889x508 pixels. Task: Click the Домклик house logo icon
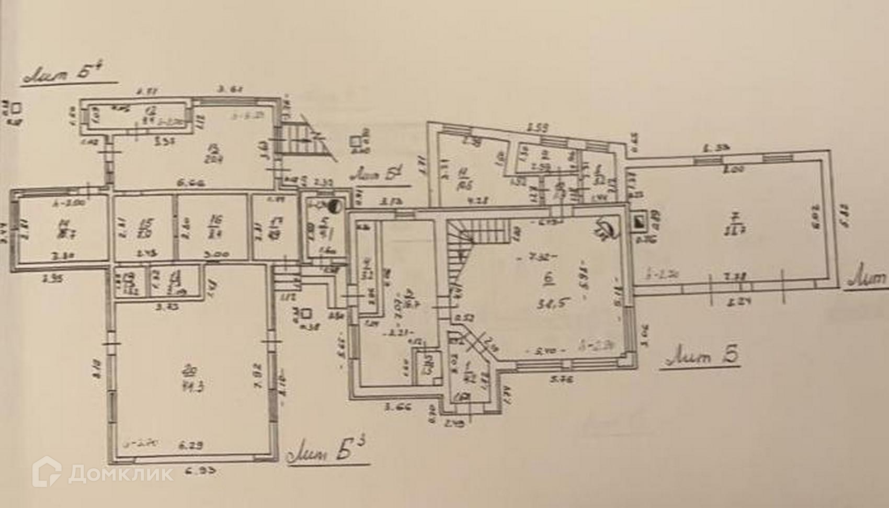click(47, 472)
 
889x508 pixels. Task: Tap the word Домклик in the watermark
click(121, 474)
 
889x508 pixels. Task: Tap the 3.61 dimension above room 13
click(228, 90)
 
